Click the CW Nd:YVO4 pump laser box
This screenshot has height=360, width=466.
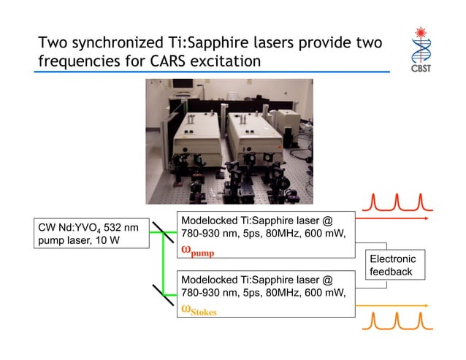(87, 234)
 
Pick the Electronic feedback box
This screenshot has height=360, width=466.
(392, 265)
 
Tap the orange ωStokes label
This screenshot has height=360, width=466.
(199, 310)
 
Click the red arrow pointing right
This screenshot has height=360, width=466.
(424, 218)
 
